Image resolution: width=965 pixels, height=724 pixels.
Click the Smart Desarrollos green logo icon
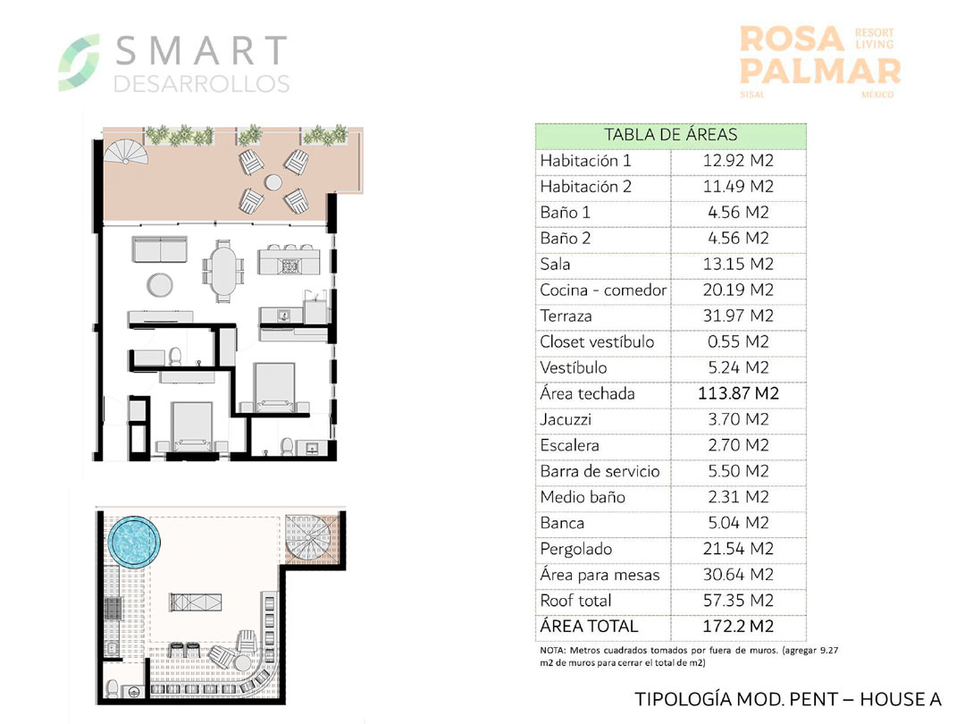(x=78, y=63)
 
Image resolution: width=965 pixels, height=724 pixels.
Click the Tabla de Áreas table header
(x=670, y=135)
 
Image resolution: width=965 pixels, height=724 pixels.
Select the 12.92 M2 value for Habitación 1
(x=738, y=161)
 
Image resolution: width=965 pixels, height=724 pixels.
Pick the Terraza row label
(x=566, y=316)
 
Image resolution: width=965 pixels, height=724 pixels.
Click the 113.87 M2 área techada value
(x=738, y=393)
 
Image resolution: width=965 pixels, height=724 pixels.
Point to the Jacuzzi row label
(x=565, y=419)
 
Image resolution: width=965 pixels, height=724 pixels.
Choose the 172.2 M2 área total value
(x=738, y=626)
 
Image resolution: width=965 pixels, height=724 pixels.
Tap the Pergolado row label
(x=575, y=549)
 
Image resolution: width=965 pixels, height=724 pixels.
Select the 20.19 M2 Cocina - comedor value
(x=738, y=290)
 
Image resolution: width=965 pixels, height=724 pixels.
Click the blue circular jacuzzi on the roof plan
(x=134, y=542)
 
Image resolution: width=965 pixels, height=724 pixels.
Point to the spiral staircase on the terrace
(x=126, y=153)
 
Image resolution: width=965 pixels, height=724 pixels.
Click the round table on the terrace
(x=273, y=182)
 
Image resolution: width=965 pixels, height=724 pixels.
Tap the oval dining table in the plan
(x=223, y=271)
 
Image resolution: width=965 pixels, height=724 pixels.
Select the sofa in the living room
(x=160, y=249)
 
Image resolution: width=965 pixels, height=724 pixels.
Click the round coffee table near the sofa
(x=160, y=284)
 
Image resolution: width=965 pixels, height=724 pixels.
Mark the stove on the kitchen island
(x=289, y=266)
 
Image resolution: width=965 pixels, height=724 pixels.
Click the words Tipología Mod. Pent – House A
(x=788, y=699)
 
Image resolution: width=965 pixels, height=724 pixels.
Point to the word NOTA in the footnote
(x=552, y=650)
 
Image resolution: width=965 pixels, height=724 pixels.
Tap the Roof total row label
(x=575, y=601)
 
